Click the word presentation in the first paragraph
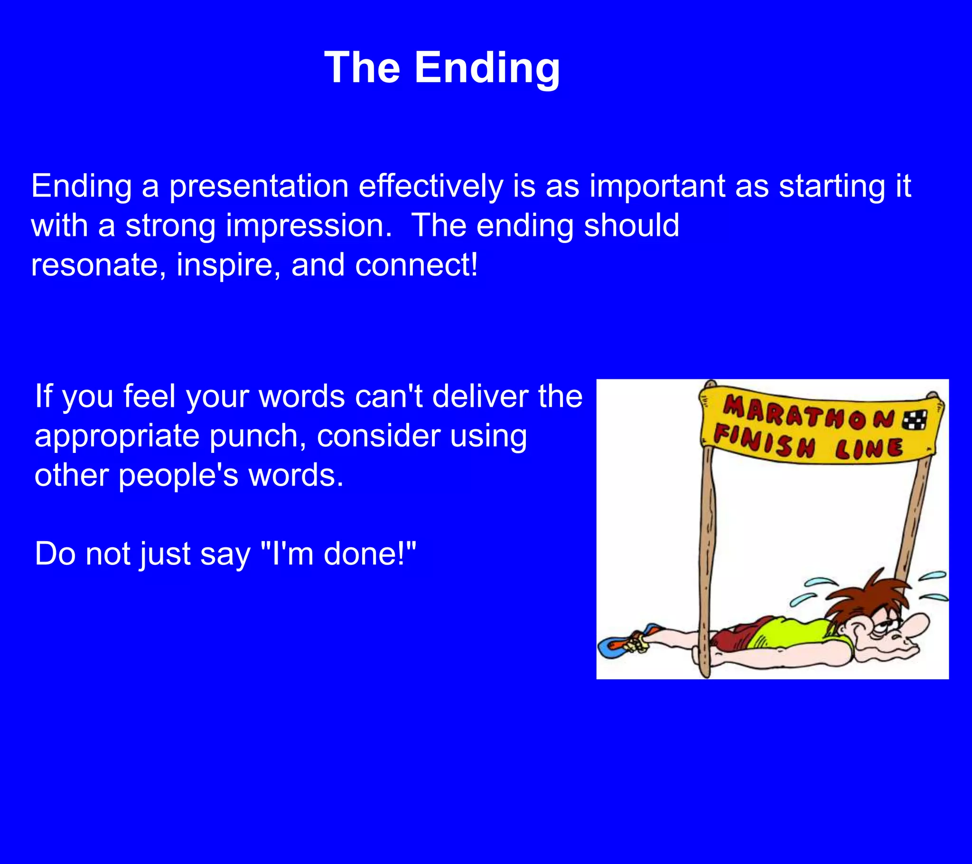pyautogui.click(x=259, y=186)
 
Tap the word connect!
pyautogui.click(x=416, y=265)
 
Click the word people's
pyautogui.click(x=178, y=476)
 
